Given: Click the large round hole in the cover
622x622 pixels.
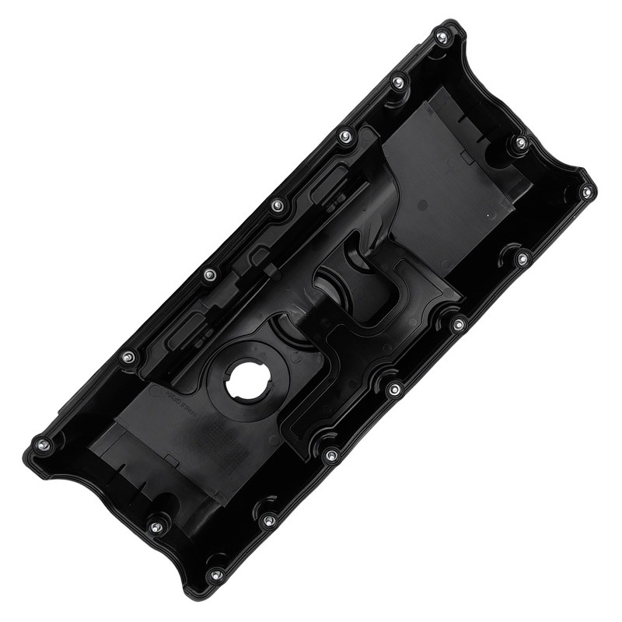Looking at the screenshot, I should (247, 379).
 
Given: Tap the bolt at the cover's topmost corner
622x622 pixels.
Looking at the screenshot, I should (442, 37).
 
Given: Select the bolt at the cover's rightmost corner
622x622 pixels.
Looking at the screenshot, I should (587, 191).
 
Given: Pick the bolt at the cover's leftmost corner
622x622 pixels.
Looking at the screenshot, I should (44, 445).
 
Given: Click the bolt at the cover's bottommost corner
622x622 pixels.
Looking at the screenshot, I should (217, 575).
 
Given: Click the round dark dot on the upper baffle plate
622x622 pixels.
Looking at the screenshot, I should (422, 204).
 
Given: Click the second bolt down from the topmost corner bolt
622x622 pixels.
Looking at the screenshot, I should (397, 81).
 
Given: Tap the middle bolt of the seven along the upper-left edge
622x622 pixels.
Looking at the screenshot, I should (278, 205).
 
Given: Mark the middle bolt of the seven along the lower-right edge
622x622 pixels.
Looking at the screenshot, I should (395, 389).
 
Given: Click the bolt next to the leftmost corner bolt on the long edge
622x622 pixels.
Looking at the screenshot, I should (128, 357).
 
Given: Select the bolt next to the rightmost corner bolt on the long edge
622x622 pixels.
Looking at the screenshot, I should (523, 257).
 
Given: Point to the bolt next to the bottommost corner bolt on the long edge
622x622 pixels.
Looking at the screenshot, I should (269, 520).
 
